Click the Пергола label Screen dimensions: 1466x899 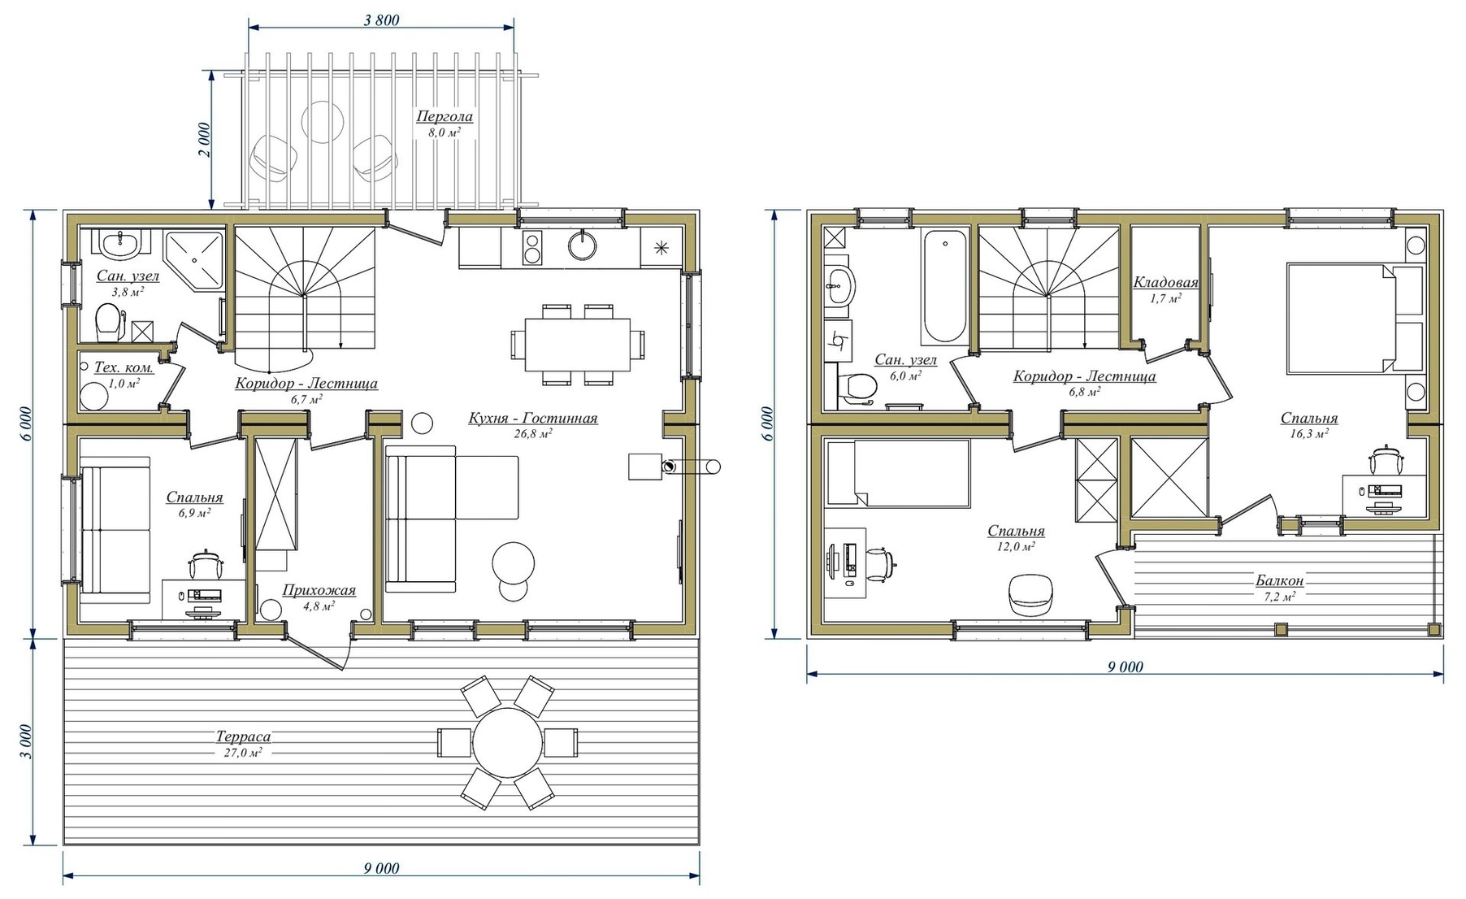444,116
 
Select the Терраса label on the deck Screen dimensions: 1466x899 243,737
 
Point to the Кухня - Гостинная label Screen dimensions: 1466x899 532,419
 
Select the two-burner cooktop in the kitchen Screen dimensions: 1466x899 532,248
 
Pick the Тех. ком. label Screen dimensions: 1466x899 124,367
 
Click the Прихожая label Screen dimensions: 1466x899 319,591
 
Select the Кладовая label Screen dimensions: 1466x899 1165,283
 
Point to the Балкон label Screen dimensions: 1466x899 1279,581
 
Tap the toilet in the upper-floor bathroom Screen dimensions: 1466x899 854,388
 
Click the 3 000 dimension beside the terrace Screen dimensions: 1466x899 25,740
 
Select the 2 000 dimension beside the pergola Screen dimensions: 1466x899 204,140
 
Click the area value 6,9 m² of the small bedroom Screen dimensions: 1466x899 194,513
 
